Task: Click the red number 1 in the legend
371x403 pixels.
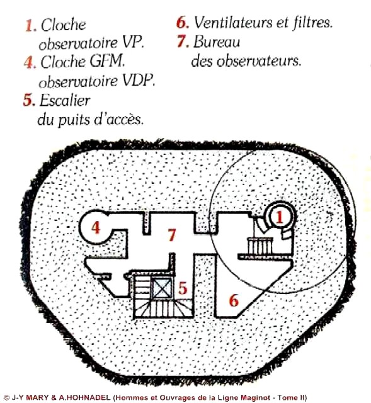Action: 30,26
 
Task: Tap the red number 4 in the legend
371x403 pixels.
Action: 29,62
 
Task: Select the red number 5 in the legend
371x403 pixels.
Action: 28,100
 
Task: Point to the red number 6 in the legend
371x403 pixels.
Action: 182,23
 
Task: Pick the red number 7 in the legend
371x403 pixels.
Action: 182,42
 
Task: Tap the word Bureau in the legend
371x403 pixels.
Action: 216,42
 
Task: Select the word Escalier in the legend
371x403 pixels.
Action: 64,100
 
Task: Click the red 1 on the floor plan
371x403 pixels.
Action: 279,217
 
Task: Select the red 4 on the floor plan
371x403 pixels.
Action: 95,227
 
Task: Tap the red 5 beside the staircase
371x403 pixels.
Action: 183,288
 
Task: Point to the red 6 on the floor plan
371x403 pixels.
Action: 234,300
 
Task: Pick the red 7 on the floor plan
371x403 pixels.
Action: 171,235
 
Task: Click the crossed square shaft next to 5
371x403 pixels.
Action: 162,288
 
